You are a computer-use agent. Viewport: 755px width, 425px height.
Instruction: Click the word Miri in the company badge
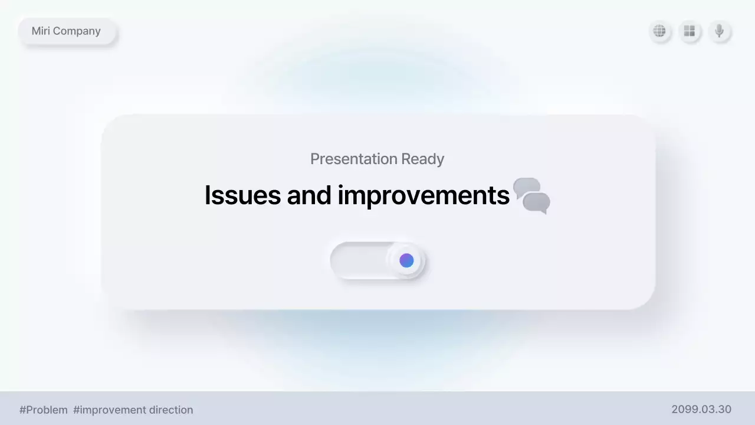tap(41, 31)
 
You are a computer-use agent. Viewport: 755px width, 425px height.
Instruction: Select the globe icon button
tap(659, 31)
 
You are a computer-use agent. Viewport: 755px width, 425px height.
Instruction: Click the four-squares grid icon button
tap(689, 31)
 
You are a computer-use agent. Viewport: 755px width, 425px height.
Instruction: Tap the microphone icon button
tap(719, 31)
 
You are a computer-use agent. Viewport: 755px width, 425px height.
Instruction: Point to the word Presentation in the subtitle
tap(353, 159)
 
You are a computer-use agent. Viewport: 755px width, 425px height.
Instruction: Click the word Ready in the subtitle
tap(422, 159)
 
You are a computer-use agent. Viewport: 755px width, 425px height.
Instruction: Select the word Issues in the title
tap(242, 195)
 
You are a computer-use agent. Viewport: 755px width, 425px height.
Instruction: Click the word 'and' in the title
tap(309, 195)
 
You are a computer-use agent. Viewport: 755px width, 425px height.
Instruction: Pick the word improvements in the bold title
tap(423, 195)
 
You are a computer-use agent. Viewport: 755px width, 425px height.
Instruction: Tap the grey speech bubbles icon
tap(531, 195)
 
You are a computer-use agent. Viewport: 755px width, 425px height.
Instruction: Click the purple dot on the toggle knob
tap(406, 260)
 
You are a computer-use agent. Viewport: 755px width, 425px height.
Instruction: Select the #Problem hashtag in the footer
tap(44, 410)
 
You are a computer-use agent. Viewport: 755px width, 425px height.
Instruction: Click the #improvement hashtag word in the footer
tap(109, 410)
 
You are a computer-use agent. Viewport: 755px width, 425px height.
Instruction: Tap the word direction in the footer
tap(170, 410)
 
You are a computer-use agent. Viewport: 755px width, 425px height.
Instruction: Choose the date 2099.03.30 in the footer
tap(701, 409)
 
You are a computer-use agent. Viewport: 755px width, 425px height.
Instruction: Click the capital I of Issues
tap(208, 195)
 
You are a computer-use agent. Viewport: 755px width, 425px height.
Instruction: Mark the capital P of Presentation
tap(314, 159)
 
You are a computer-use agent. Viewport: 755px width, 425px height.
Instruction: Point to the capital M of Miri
tap(36, 31)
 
